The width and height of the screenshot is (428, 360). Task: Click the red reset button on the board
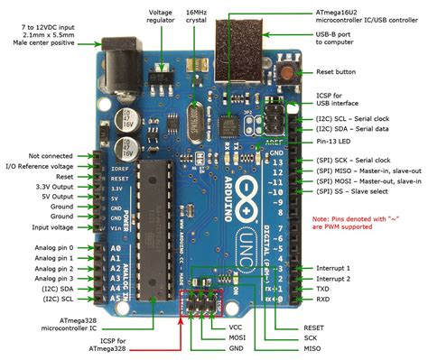click(288, 75)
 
